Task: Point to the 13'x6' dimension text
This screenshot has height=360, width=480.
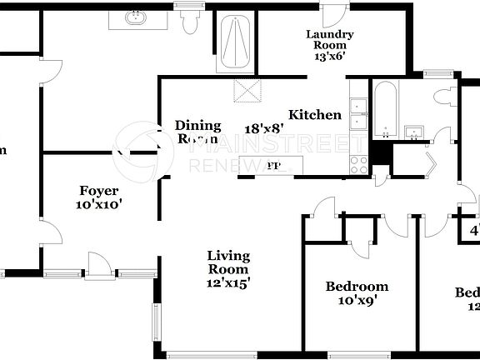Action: point(330,57)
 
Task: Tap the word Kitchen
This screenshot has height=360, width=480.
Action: point(315,115)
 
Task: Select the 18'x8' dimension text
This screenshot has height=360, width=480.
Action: point(264,128)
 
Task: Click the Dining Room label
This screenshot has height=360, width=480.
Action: point(198,132)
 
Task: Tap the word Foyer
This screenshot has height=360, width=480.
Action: point(99,189)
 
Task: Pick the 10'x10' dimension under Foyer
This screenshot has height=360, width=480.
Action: point(99,203)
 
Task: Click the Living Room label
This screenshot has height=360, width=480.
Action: point(228,262)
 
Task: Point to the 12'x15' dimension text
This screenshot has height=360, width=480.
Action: point(228,282)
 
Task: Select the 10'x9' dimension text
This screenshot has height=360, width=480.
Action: point(357,301)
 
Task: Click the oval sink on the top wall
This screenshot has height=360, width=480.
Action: point(136,17)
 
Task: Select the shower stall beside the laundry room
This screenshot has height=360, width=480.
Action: point(235,44)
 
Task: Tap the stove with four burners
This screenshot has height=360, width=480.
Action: point(359,164)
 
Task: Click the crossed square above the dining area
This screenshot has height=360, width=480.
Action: point(247,91)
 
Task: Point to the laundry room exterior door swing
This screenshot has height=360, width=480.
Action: point(334,14)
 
